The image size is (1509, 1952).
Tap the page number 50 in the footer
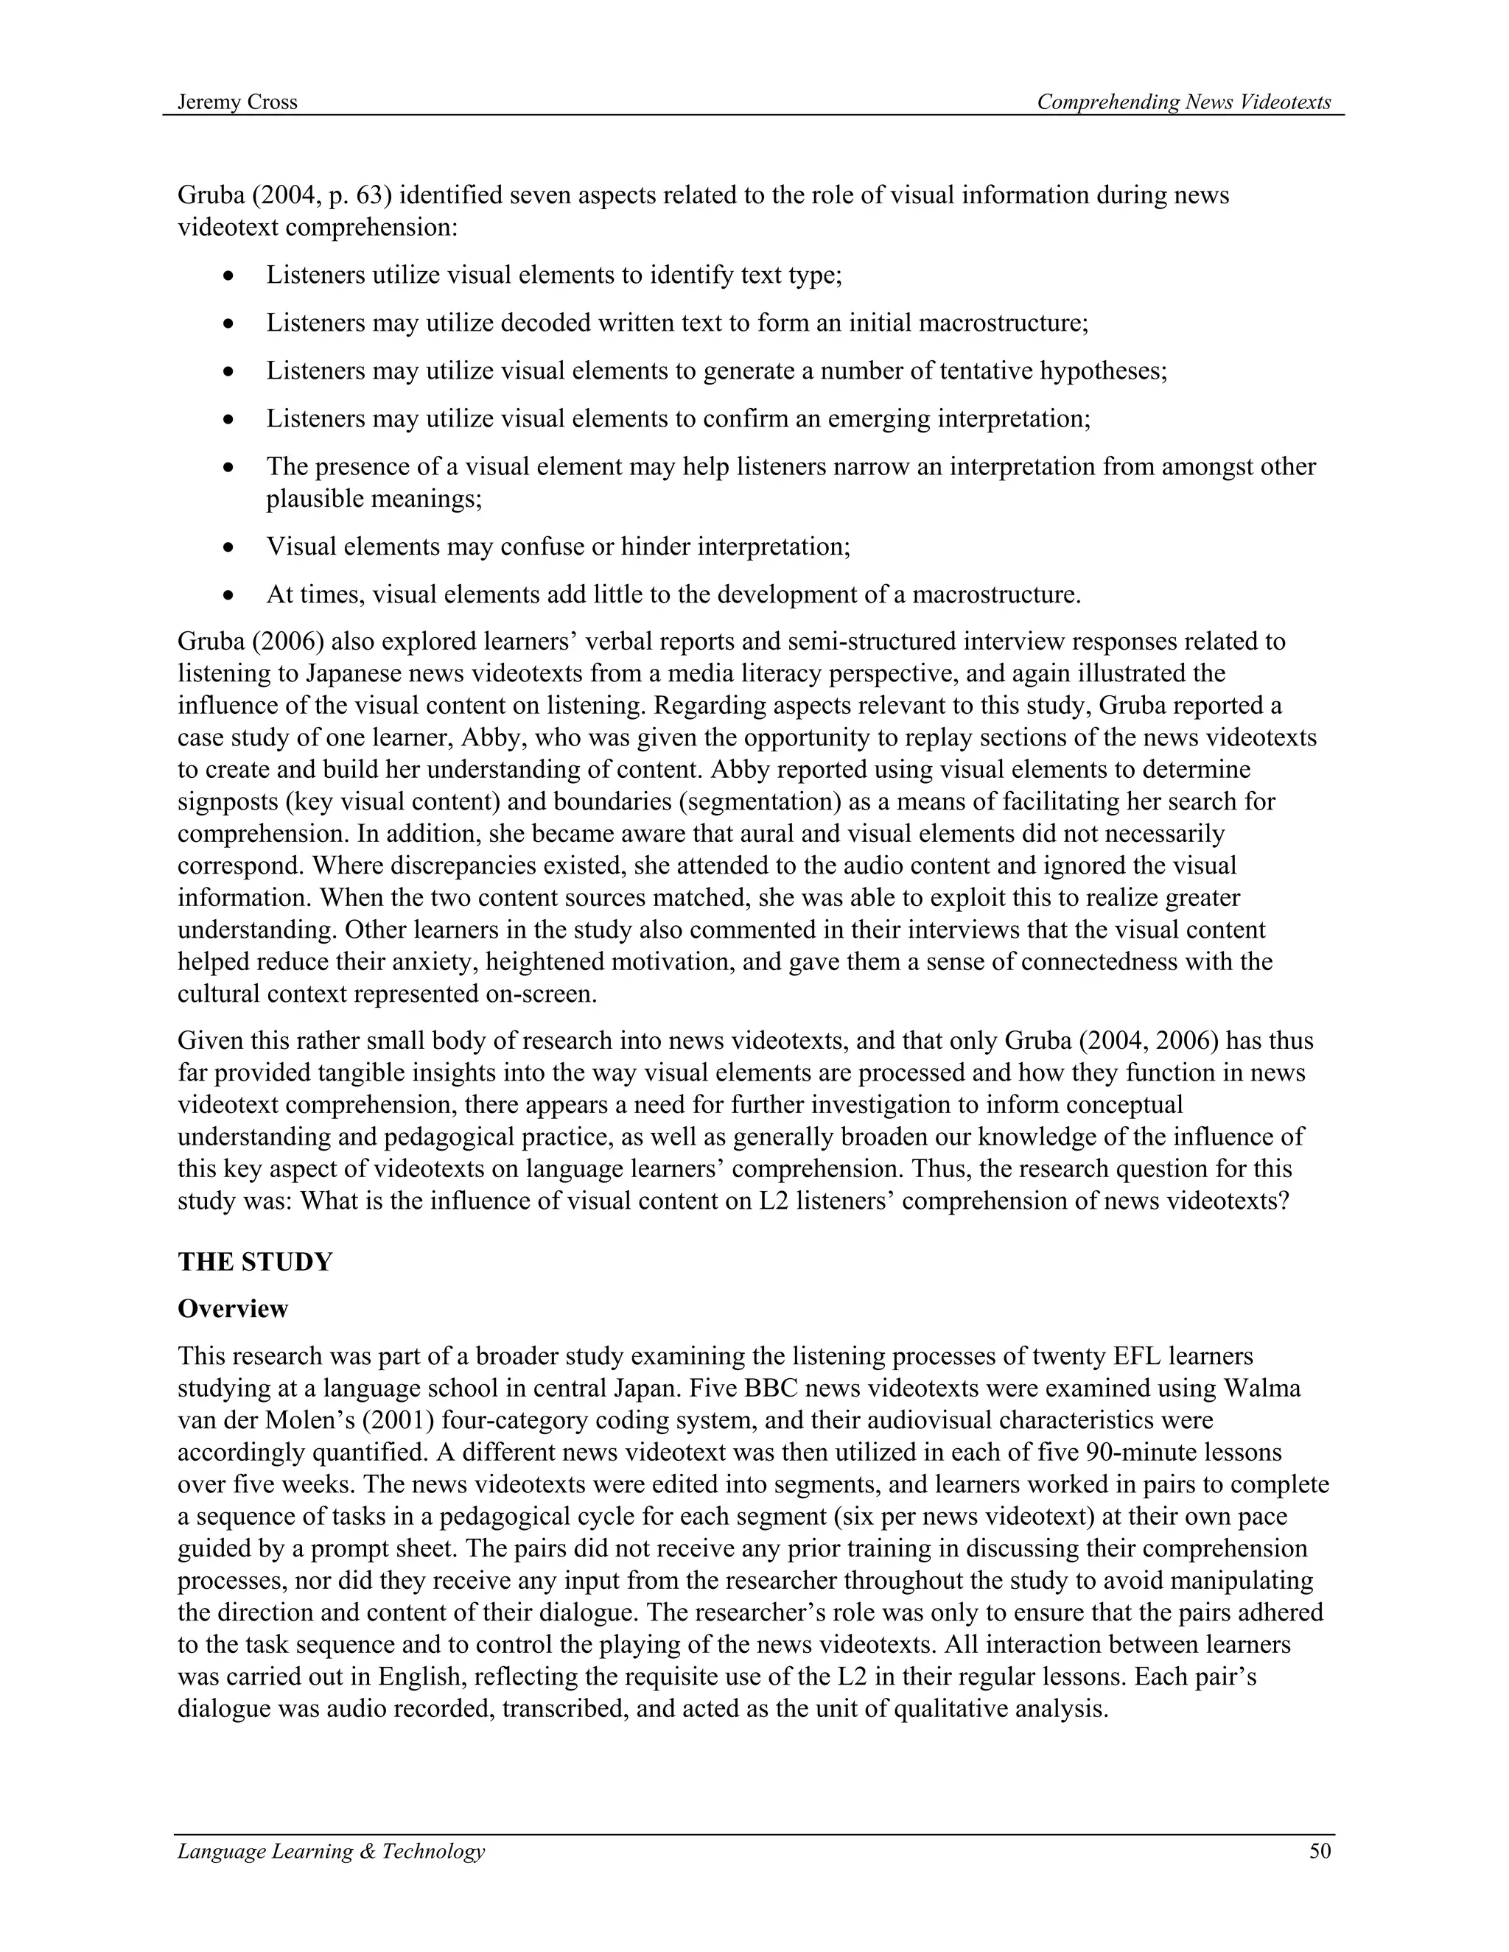point(1320,1851)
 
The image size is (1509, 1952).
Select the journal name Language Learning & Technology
point(331,1851)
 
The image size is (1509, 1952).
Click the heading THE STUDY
point(255,1262)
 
